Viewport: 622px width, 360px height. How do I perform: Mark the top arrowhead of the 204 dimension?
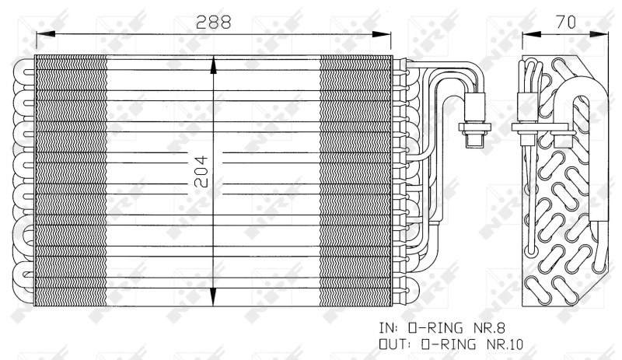point(214,61)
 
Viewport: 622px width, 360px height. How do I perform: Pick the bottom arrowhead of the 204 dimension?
point(214,301)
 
